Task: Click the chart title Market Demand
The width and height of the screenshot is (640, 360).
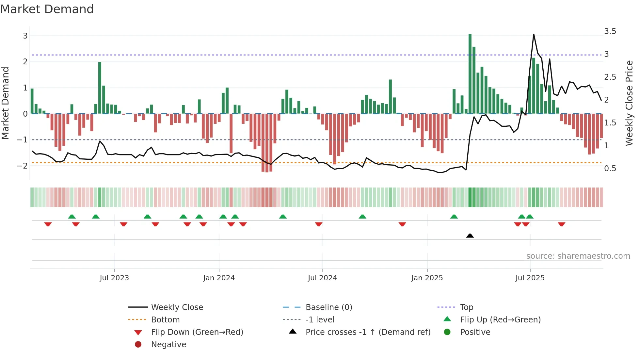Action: [x=47, y=9]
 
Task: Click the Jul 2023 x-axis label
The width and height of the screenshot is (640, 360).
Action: [x=114, y=278]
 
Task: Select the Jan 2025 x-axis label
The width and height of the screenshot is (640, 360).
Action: [x=427, y=278]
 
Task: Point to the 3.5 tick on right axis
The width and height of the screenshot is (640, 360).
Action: [x=610, y=31]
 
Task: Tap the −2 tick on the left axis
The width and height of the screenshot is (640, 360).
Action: [x=23, y=166]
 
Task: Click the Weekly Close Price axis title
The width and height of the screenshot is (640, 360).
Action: [x=629, y=103]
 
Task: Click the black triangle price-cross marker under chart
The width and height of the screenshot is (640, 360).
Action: [x=470, y=236]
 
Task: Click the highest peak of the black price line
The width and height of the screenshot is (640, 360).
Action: [x=534, y=35]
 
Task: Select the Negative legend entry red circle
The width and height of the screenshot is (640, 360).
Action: [x=138, y=345]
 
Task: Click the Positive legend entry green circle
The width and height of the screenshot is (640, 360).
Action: [x=447, y=332]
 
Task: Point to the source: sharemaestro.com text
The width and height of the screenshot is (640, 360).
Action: [x=578, y=256]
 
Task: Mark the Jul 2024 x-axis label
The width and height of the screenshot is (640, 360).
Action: [x=322, y=278]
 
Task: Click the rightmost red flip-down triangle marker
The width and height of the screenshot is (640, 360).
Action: [x=561, y=224]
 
